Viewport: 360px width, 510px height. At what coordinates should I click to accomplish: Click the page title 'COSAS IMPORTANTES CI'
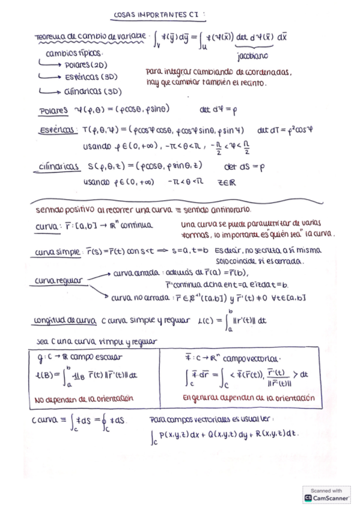pos(159,15)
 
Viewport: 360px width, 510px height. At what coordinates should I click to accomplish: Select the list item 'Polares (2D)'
pos(86,65)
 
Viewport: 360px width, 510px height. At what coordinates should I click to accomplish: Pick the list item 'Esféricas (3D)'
pos(91,78)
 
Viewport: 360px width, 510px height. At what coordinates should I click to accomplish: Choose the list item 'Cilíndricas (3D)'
pos(93,92)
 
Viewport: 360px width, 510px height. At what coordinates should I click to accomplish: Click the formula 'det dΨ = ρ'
pos(219,110)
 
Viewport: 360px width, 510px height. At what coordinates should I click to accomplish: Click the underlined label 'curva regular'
pos(61,280)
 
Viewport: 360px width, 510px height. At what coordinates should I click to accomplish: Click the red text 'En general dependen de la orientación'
pos(248,398)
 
